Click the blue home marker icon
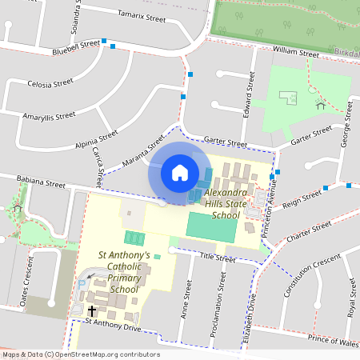(180, 172)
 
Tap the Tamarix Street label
(141, 15)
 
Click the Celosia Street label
(50, 82)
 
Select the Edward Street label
(250, 91)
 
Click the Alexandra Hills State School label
(222, 204)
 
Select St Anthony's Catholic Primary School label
(124, 272)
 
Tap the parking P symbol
(81, 284)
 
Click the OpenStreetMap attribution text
(80, 354)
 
